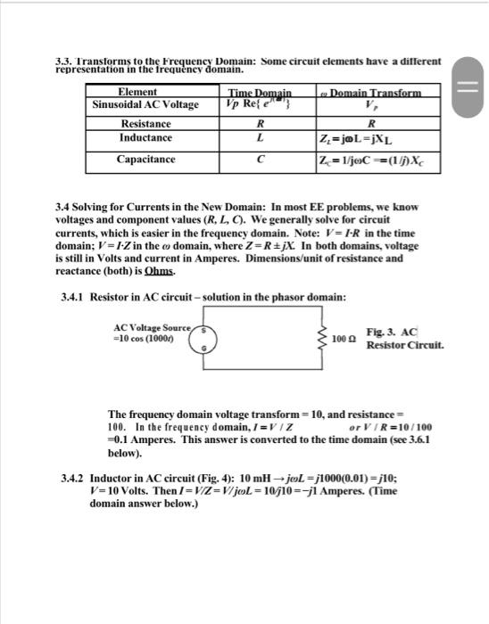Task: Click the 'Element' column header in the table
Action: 137,92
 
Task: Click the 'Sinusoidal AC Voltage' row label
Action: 146,105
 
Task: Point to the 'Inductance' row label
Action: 146,139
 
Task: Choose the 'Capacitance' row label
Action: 145,160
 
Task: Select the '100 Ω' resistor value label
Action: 340,341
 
